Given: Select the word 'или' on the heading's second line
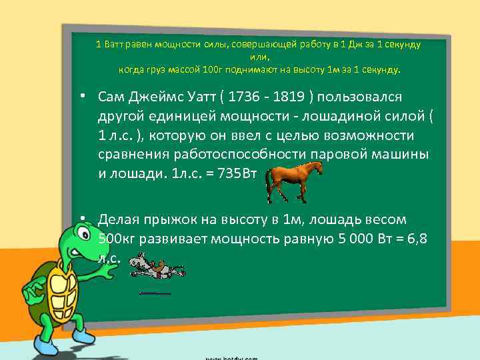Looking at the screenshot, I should [257, 57].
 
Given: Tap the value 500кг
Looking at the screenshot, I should [117, 239].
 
